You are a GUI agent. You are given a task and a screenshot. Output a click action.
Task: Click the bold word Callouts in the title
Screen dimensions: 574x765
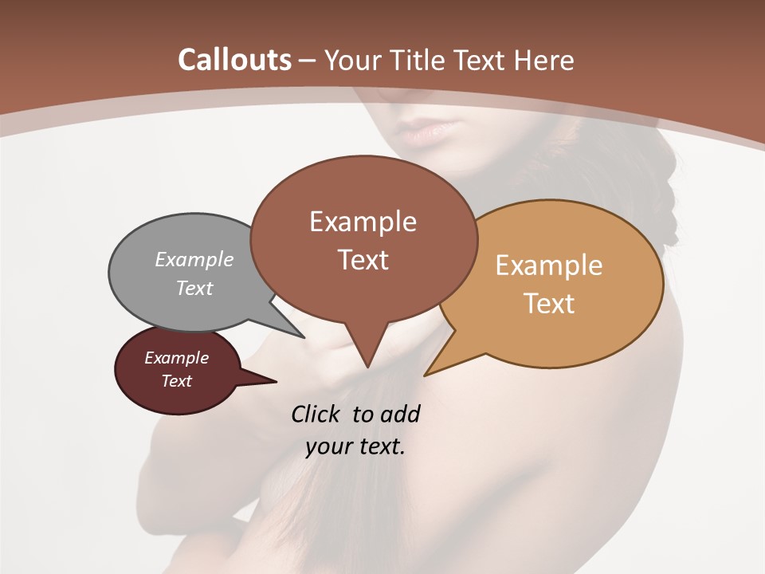point(234,60)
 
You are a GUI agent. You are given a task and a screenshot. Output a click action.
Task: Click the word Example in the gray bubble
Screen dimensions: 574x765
point(194,259)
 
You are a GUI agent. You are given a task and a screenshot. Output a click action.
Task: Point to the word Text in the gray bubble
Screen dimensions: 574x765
point(194,288)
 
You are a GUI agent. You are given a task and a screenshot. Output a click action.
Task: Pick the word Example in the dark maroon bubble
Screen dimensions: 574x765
point(176,358)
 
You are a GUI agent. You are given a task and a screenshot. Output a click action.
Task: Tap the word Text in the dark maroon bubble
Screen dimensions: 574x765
point(176,381)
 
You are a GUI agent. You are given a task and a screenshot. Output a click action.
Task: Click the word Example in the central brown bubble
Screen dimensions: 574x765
point(363,222)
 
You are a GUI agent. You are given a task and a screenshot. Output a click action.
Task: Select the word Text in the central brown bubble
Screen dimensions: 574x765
point(363,260)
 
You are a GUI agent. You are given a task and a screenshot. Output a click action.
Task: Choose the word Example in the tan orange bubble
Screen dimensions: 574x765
point(549,265)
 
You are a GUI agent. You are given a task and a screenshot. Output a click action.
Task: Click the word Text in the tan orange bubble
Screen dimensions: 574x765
point(549,304)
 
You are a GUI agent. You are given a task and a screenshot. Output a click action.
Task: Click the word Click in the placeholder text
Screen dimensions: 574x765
point(317,414)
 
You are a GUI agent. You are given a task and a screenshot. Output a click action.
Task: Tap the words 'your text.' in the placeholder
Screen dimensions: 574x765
point(355,446)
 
